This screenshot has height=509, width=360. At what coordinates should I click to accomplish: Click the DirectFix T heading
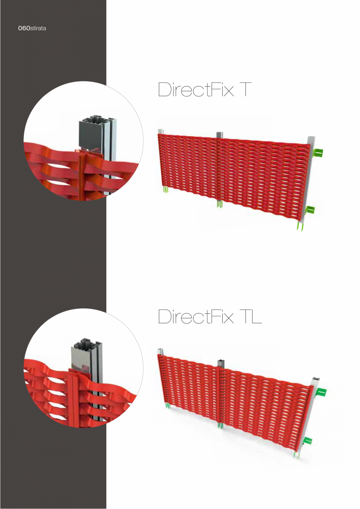pos(202,90)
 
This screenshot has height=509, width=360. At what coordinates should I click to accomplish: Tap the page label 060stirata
pos(32,29)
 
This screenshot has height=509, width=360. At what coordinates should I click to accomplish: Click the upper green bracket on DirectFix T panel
pos(319,153)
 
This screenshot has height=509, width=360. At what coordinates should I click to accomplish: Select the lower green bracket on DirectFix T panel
pos(310,210)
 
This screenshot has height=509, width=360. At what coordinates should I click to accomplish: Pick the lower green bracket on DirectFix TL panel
pos(308,441)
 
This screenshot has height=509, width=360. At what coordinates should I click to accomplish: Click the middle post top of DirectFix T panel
pos(219,135)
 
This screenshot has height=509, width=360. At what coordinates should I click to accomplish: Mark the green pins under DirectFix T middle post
pos(220,204)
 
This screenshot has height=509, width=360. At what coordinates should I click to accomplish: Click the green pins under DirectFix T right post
pos(300,227)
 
